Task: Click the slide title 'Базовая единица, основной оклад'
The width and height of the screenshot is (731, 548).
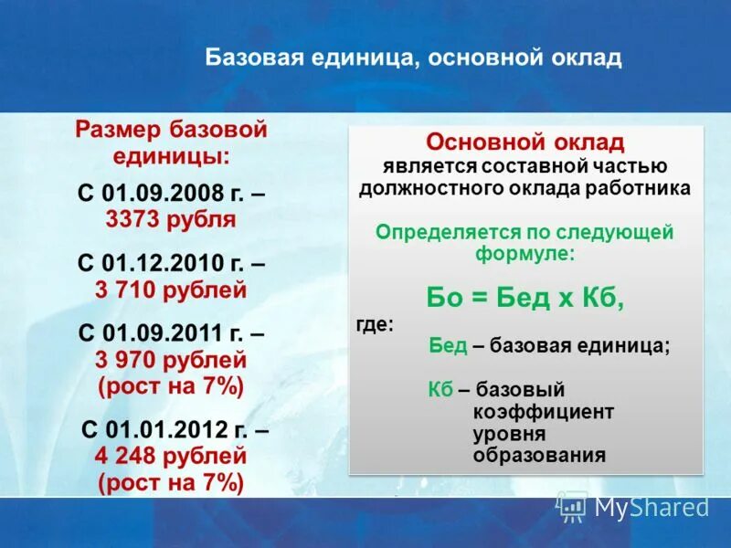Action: click(x=413, y=59)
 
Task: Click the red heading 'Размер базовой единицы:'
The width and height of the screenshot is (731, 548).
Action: click(x=171, y=142)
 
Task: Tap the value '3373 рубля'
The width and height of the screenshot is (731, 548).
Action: click(x=171, y=219)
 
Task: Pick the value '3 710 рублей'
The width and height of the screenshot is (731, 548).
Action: click(x=171, y=290)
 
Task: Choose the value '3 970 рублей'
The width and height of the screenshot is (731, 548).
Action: click(x=171, y=360)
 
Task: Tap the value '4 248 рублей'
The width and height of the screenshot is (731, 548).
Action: click(x=171, y=455)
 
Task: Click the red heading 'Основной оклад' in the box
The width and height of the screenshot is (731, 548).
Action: click(x=525, y=143)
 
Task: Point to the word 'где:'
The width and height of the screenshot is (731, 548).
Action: click(x=375, y=324)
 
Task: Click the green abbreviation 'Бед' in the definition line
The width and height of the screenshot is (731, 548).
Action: click(x=449, y=346)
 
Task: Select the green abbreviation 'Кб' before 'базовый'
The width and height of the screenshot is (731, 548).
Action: click(x=440, y=389)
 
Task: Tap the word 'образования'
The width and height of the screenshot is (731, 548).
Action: click(x=539, y=455)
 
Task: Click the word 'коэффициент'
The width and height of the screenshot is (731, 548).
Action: click(x=543, y=411)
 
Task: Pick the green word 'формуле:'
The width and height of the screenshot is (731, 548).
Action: click(x=524, y=255)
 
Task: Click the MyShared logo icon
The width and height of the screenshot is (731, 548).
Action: click(x=572, y=505)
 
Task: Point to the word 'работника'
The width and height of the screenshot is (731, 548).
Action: click(x=645, y=188)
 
